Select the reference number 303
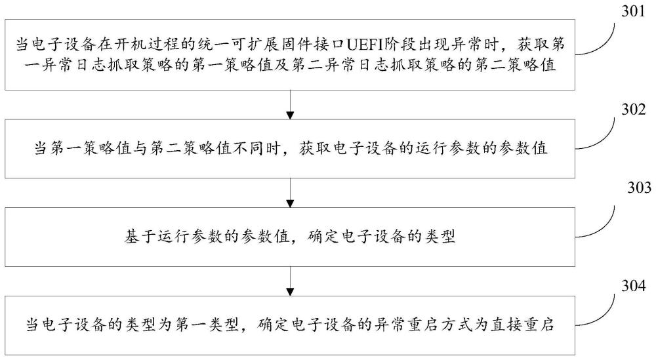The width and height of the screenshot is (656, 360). (x=639, y=188)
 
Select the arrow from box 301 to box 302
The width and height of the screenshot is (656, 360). (x=290, y=104)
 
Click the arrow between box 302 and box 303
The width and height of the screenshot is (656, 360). (x=290, y=193)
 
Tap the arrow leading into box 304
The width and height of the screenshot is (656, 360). (x=290, y=281)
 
